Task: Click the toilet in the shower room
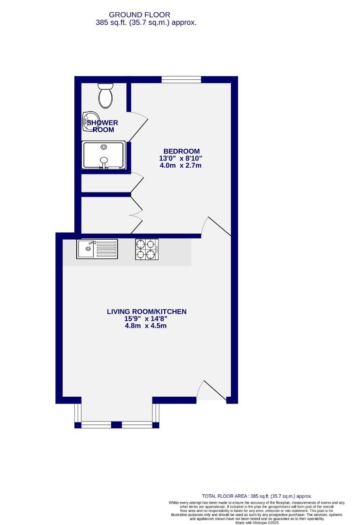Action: tap(105, 95)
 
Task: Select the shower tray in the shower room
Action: tap(104, 155)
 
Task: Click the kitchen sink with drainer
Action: tap(97, 249)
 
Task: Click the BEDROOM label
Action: tap(181, 151)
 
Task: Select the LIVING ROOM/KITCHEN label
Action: tap(147, 312)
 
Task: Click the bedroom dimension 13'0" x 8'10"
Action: tap(181, 158)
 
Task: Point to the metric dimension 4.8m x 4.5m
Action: tap(146, 326)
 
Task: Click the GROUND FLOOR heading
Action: tap(139, 15)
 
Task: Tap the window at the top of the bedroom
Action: tap(181, 79)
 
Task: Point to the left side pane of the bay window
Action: tap(78, 413)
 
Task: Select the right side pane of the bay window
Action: tap(155, 413)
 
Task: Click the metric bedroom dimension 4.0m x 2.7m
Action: tap(181, 165)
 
